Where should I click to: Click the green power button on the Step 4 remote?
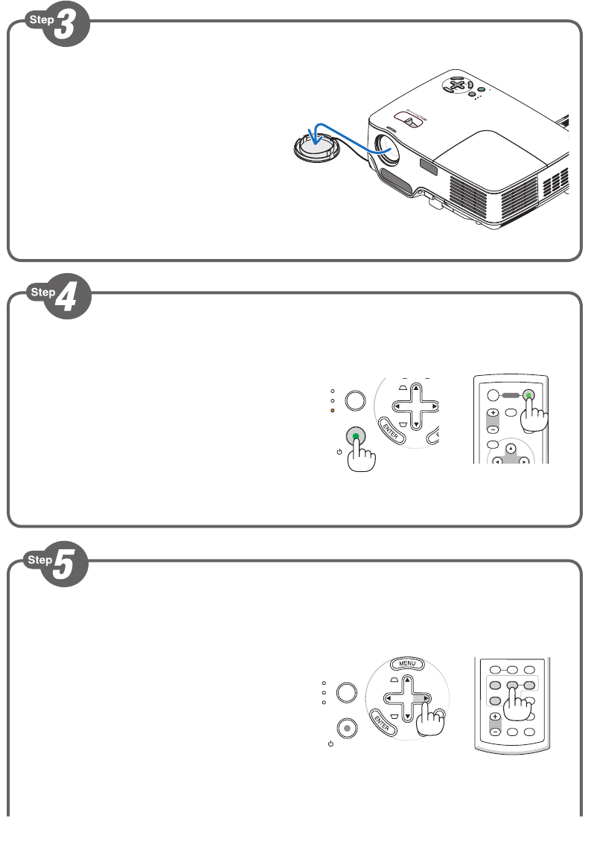coord(528,396)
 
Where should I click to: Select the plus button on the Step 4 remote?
coord(493,412)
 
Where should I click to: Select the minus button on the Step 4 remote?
coord(493,429)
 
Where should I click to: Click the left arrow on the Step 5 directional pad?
coord(389,698)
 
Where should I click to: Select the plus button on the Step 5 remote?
coord(495,716)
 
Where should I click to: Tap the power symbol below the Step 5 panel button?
coord(330,744)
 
